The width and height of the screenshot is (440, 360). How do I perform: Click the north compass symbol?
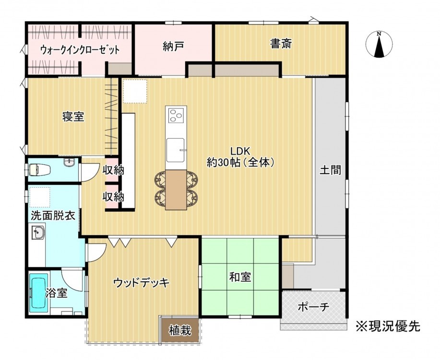click(x=379, y=44)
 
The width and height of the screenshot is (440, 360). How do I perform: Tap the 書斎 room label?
click(x=281, y=44)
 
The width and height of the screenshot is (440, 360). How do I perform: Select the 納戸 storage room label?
click(x=173, y=47)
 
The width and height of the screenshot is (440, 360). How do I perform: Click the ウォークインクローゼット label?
click(x=80, y=50)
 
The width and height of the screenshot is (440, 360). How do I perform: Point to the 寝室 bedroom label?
click(x=73, y=117)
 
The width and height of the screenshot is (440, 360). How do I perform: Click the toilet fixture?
click(x=39, y=170)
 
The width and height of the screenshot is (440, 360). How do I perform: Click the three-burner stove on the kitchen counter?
click(x=176, y=115)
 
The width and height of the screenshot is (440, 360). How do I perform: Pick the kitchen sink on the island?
click(x=176, y=150)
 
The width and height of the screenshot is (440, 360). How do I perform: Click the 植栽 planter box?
click(x=180, y=330)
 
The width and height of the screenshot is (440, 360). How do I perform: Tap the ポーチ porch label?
click(x=313, y=307)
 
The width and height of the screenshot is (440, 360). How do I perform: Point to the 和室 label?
click(x=240, y=277)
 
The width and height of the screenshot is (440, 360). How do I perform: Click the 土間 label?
click(x=331, y=170)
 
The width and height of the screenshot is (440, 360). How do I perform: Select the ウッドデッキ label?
click(x=142, y=283)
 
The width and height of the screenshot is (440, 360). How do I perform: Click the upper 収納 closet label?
click(x=113, y=170)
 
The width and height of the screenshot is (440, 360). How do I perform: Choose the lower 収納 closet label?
click(x=113, y=197)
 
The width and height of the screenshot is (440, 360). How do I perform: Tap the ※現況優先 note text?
click(x=388, y=326)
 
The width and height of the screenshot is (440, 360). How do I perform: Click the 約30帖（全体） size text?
click(x=240, y=162)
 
